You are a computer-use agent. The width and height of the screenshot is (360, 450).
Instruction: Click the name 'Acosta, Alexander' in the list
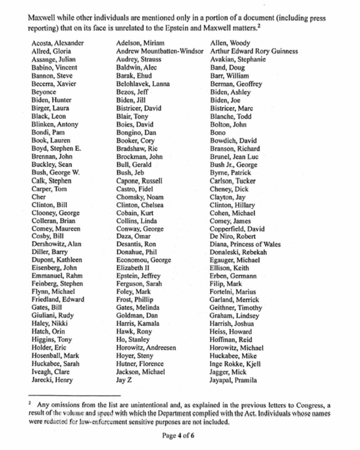58,43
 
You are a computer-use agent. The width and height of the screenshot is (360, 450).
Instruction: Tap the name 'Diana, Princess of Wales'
245,245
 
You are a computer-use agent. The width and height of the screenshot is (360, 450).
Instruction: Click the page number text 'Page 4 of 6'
180,436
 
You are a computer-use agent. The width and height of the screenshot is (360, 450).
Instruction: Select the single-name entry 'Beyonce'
44,92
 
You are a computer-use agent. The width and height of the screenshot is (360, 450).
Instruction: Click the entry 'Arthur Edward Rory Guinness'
254,51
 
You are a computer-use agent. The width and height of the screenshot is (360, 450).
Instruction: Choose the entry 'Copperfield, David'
237,229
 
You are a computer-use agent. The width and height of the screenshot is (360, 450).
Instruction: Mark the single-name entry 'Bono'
218,132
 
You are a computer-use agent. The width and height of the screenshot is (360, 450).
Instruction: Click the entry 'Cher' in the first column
39,197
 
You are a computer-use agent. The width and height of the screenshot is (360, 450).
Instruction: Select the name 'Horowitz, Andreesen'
146,348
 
